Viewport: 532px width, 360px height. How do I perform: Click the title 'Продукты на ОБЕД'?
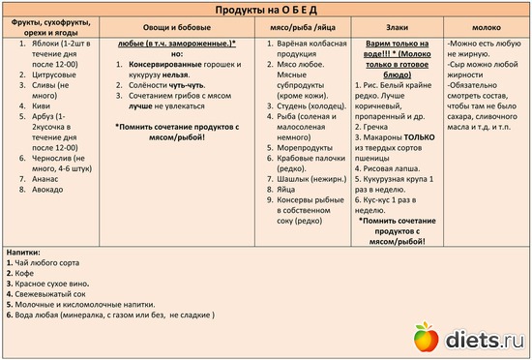pyautogui.click(x=265, y=10)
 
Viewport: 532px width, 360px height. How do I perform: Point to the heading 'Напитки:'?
pyautogui.click(x=26, y=252)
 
